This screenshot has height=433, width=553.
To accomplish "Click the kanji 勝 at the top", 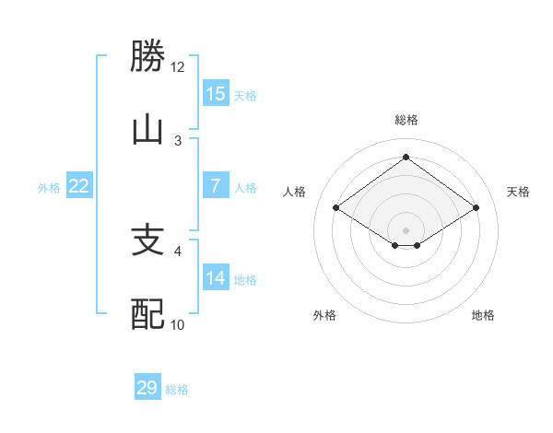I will click(147, 56).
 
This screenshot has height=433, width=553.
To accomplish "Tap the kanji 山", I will click(147, 129).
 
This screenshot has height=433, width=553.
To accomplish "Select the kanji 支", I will click(147, 241).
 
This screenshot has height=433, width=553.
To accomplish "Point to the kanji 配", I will click(147, 314).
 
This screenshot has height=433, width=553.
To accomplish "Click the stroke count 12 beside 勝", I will click(178, 67).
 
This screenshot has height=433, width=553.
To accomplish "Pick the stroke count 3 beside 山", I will click(178, 140).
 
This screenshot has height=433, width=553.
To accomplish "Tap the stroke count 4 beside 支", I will click(178, 251).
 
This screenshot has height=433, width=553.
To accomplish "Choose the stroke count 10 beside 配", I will click(178, 324).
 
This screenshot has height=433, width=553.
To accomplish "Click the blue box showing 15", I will click(216, 94).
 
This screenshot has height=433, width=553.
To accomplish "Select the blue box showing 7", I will click(216, 187).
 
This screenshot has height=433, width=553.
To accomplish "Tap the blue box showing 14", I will click(216, 278).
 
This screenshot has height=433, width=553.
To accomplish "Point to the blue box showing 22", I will click(79, 187).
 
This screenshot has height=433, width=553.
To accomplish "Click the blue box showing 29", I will click(147, 388).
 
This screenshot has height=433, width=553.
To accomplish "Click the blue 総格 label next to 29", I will click(177, 390).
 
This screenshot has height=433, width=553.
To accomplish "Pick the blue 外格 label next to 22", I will click(49, 188).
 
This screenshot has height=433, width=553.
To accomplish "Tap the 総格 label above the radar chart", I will click(406, 120).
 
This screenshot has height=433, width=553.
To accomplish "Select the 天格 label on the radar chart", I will click(518, 192).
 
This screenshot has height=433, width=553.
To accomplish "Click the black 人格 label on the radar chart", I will click(295, 192).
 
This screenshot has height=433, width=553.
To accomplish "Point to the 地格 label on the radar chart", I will click(483, 315).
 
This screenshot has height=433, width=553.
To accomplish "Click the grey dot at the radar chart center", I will click(406, 228).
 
